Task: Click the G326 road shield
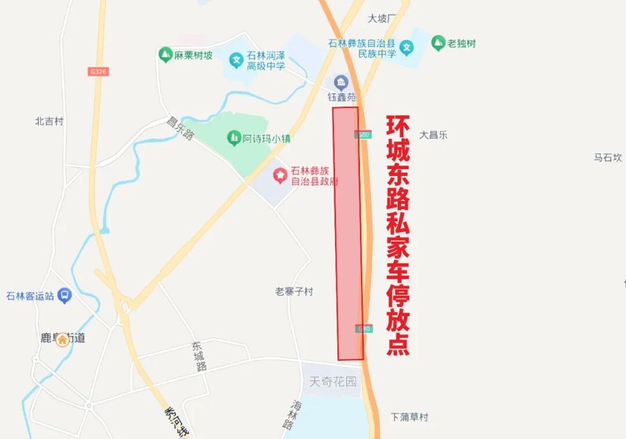point(99,72)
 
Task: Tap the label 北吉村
point(49,121)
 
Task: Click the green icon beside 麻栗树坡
point(165,55)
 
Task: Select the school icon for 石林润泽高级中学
point(236,60)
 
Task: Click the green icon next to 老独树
point(438,43)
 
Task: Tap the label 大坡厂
point(381,19)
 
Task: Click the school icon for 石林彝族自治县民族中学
point(407,47)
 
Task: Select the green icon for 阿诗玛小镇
point(234,138)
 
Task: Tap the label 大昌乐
point(434,135)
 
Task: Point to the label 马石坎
point(607,158)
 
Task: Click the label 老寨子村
point(294,291)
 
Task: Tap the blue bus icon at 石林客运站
point(64,296)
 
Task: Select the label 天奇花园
point(333,382)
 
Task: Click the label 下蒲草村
point(409,417)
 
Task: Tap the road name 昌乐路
point(180,129)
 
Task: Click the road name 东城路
point(200,356)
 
